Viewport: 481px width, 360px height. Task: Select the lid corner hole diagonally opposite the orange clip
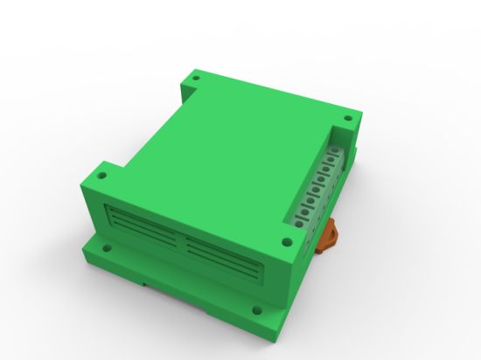click(195, 80)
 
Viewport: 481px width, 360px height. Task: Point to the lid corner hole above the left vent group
click(102, 175)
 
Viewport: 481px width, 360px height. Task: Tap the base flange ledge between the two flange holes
click(179, 278)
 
